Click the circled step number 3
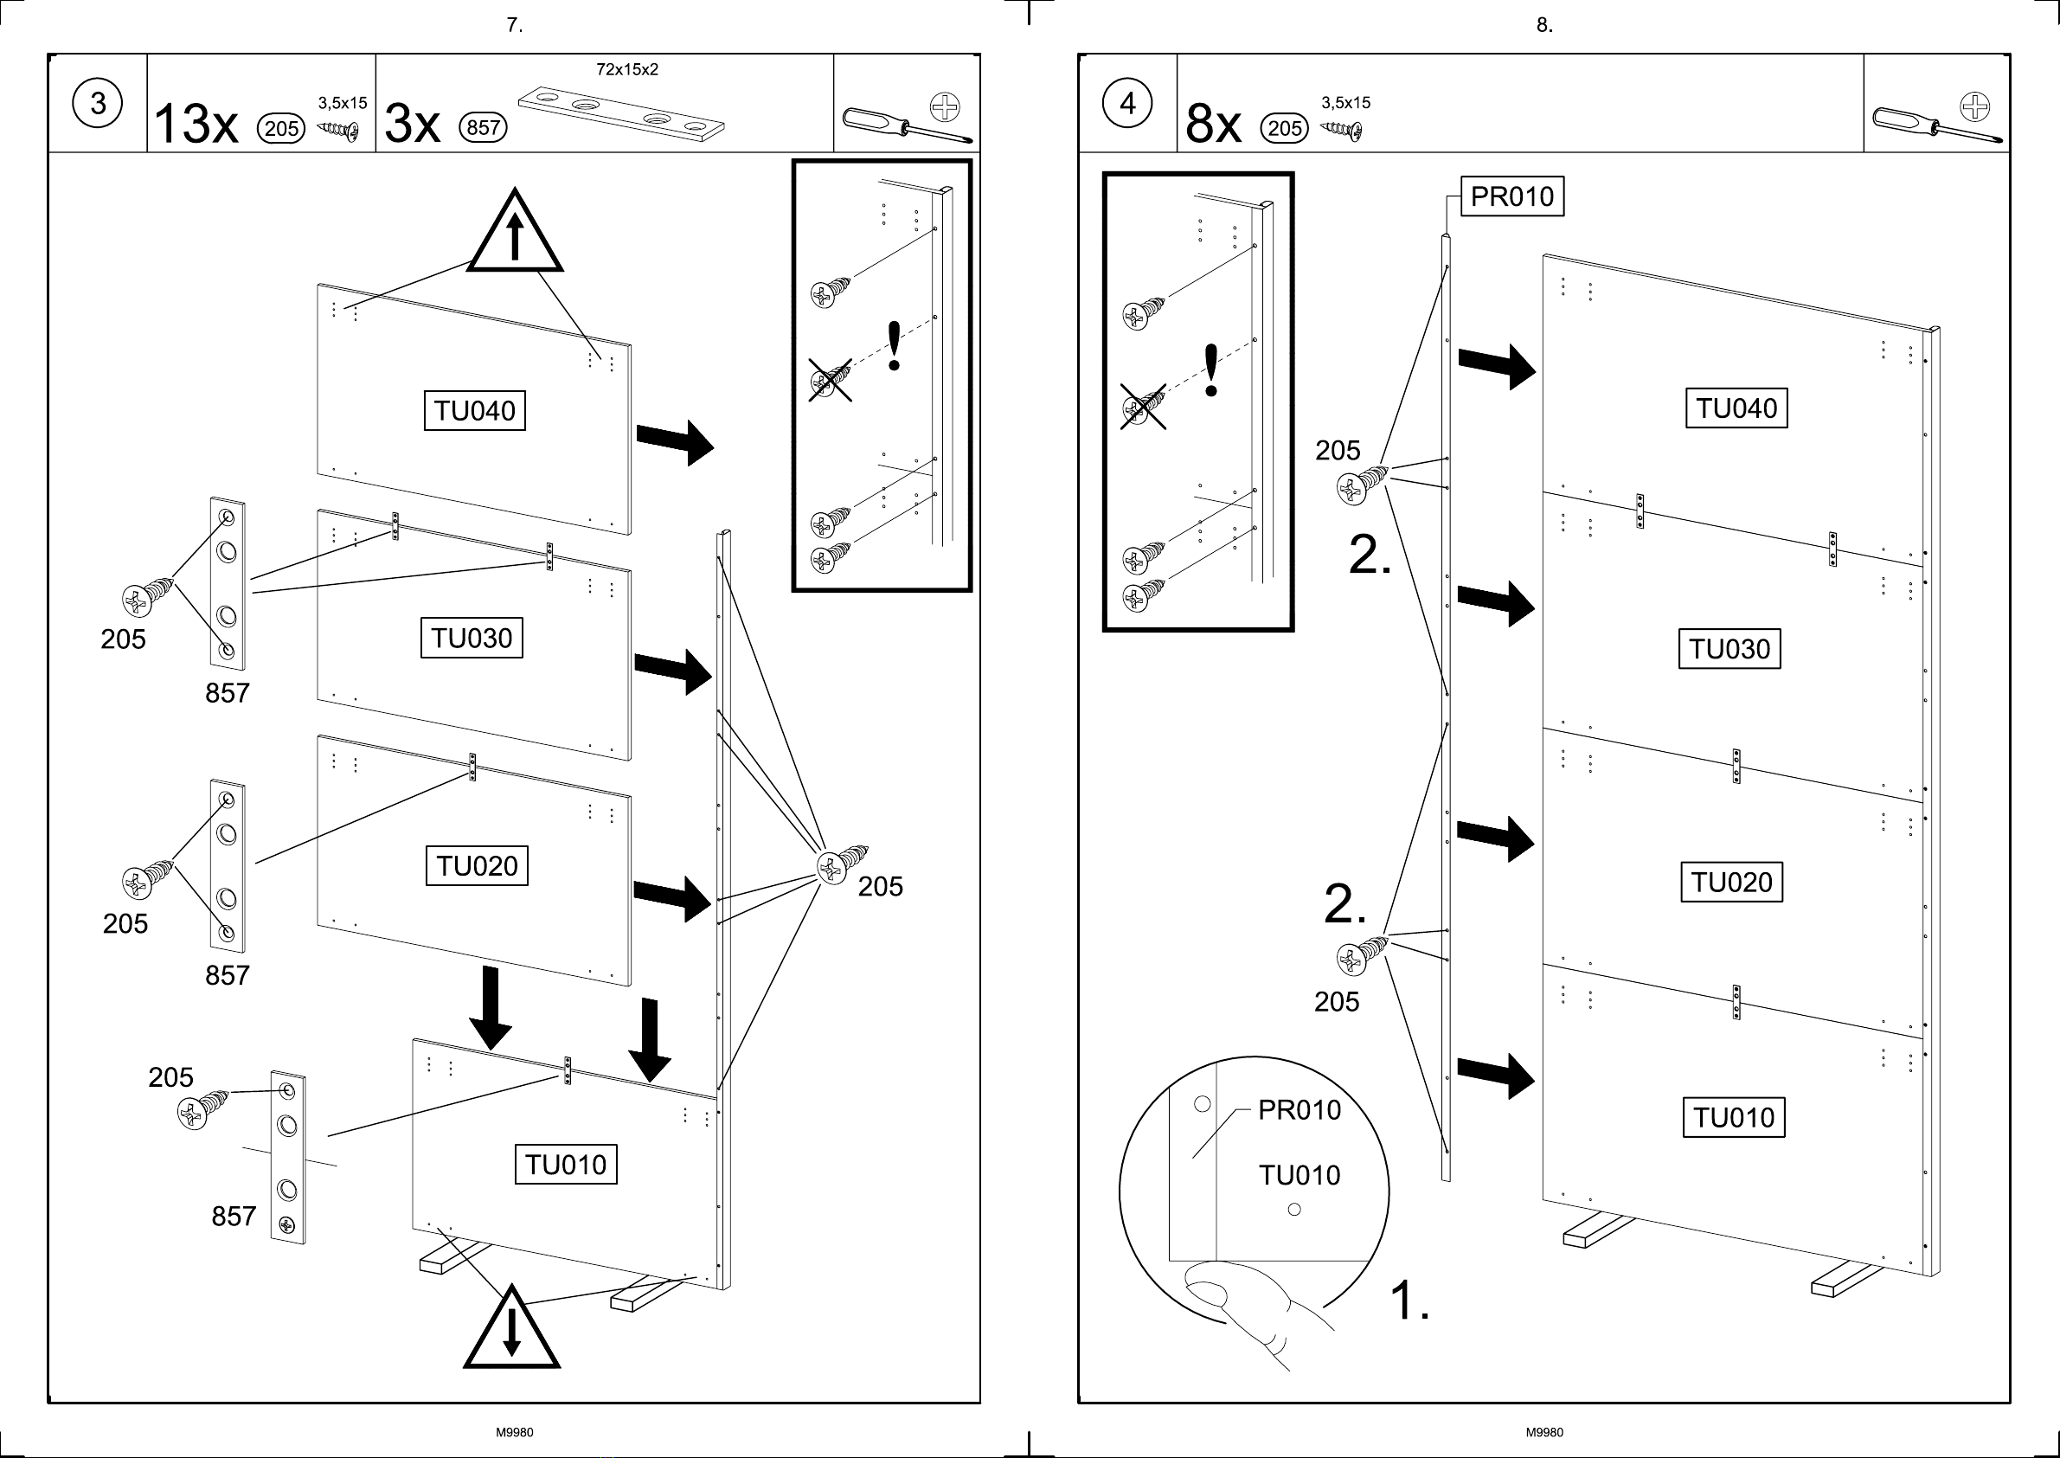(98, 104)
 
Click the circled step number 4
(1127, 104)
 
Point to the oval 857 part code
(483, 127)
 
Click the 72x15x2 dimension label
(626, 69)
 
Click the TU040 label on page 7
(475, 410)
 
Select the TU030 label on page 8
(1730, 648)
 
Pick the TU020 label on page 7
(477, 865)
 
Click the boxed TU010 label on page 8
(1733, 1117)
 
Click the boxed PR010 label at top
(1512, 196)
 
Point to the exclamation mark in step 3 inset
(894, 345)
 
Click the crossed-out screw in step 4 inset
(1143, 406)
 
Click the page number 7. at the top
(514, 25)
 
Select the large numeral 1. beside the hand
(1409, 1299)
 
